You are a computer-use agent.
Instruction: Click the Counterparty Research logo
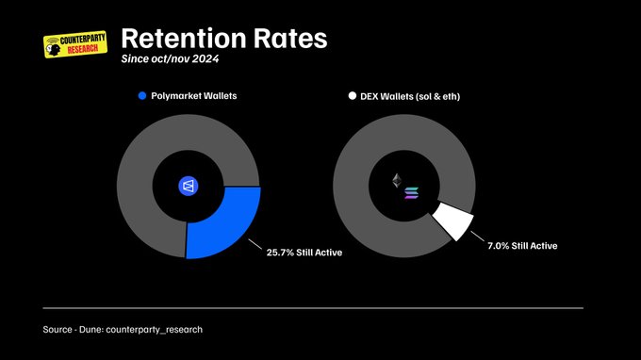point(75,45)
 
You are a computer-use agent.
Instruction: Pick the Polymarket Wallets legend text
point(192,96)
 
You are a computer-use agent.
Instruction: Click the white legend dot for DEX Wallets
point(353,96)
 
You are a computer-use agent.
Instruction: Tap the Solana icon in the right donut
point(410,194)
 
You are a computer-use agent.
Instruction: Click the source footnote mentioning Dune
point(123,329)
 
